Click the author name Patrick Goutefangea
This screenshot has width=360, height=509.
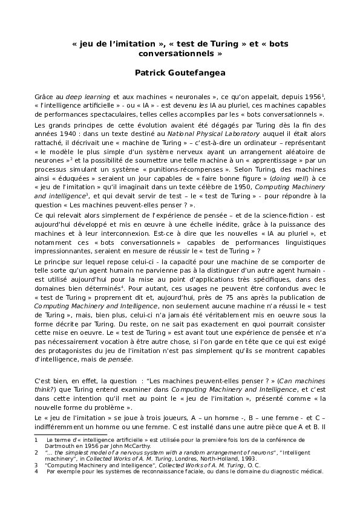(x=180, y=73)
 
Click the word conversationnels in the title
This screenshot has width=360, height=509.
(x=180, y=53)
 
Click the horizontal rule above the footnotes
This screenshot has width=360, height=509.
(x=53, y=435)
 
